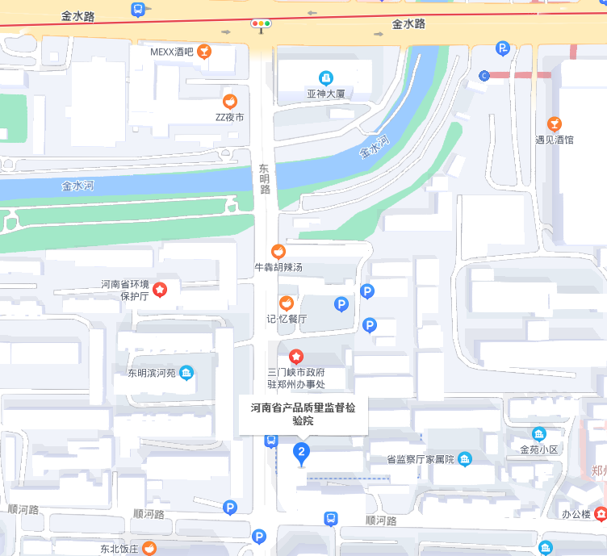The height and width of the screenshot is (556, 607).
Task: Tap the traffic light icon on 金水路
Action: pyautogui.click(x=261, y=24)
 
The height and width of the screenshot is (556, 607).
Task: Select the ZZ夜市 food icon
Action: pyautogui.click(x=230, y=102)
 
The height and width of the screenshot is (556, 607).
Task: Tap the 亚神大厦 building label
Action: pyautogui.click(x=325, y=94)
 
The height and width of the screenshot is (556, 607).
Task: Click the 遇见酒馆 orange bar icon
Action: pyautogui.click(x=554, y=123)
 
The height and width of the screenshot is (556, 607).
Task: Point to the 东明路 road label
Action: pyautogui.click(x=264, y=179)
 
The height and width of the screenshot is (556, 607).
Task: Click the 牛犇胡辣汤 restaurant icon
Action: pyautogui.click(x=278, y=252)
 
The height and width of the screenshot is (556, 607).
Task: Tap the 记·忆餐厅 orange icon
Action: pyautogui.click(x=286, y=303)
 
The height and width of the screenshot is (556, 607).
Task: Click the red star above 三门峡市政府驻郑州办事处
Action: pyautogui.click(x=296, y=356)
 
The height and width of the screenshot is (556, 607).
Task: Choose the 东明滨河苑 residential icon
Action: pyautogui.click(x=186, y=373)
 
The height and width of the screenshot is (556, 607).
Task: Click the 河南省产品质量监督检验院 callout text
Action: pyautogui.click(x=303, y=414)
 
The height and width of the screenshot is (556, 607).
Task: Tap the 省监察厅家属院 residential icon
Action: pyautogui.click(x=465, y=459)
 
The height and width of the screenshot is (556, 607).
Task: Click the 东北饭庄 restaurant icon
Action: pyautogui.click(x=149, y=548)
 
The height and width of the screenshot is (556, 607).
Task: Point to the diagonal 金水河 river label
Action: pyautogui.click(x=375, y=147)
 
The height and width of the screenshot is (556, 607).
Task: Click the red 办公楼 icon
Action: pyautogui.click(x=600, y=513)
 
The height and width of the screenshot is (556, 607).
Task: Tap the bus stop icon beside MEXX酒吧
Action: pyautogui.click(x=138, y=10)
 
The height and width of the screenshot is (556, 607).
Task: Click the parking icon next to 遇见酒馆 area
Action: pyautogui.click(x=504, y=49)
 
